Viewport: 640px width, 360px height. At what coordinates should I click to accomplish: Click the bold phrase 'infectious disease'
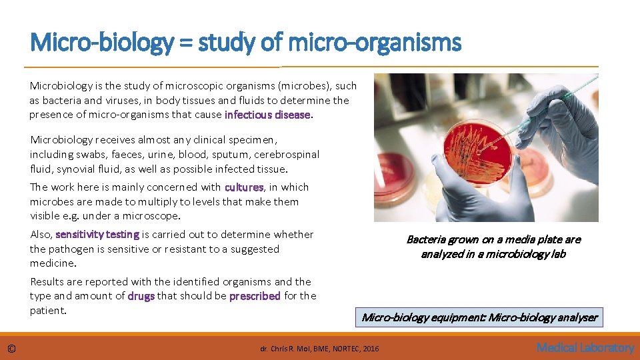pyautogui.click(x=267, y=115)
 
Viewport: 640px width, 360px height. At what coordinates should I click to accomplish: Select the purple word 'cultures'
pyautogui.click(x=244, y=187)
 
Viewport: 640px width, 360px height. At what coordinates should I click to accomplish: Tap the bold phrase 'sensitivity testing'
pyautogui.click(x=97, y=235)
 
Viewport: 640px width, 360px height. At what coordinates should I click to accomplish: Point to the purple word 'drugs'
pyautogui.click(x=141, y=296)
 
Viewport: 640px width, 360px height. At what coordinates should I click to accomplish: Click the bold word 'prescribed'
pyautogui.click(x=255, y=296)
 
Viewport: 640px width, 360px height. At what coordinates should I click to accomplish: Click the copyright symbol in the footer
pyautogui.click(x=12, y=348)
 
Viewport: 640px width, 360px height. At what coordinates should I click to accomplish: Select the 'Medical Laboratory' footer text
pyautogui.click(x=585, y=347)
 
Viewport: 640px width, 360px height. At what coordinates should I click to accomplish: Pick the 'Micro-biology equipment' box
pyautogui.click(x=479, y=317)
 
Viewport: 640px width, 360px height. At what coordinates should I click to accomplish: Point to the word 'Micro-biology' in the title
pyautogui.click(x=101, y=44)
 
